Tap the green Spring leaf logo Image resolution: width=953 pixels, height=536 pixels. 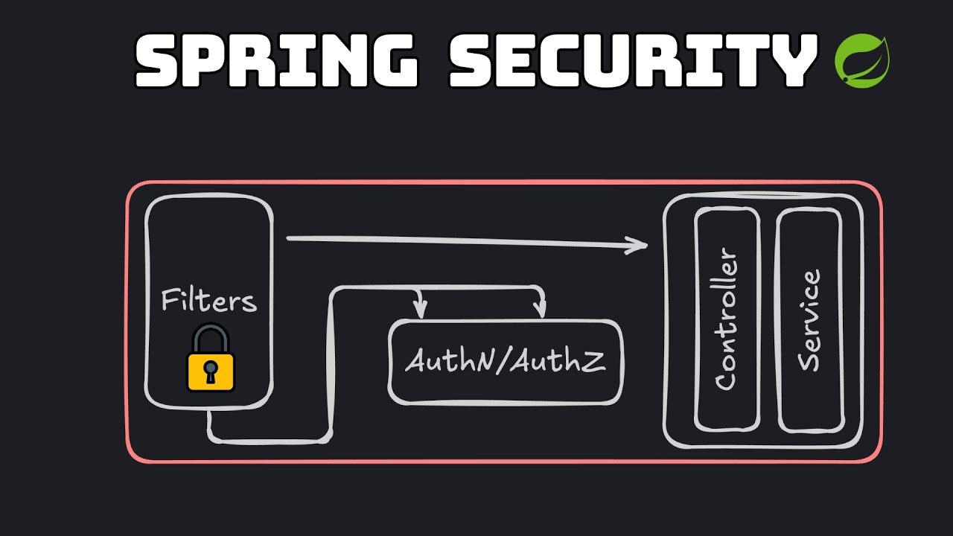coord(863,60)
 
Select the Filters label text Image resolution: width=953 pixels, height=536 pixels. coord(209,301)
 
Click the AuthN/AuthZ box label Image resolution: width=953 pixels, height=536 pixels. coord(505,362)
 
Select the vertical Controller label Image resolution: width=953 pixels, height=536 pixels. coord(726,320)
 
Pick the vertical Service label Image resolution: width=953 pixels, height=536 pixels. coord(809,320)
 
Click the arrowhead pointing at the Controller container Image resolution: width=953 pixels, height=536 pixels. coord(639,246)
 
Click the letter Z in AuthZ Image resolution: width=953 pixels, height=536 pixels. coord(593,361)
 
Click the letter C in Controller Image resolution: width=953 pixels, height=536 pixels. coord(726,378)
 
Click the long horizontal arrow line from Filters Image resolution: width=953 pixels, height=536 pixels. coord(462,240)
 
